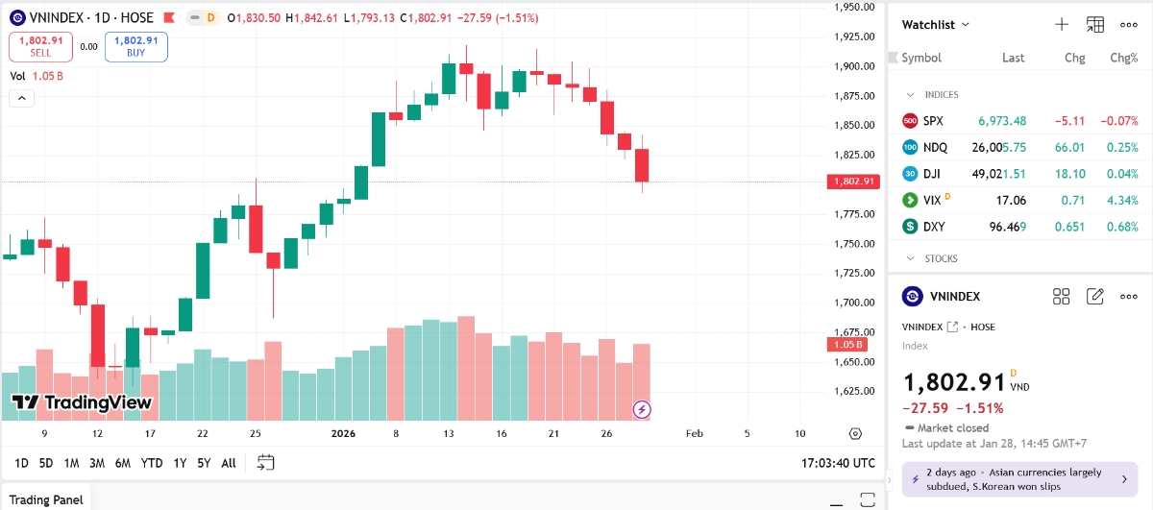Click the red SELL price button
coord(40,46)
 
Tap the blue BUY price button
coord(135,46)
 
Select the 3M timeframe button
coord(97,463)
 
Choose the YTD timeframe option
coord(152,463)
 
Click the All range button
coord(229,463)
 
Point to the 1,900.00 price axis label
coord(853,66)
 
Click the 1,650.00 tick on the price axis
coord(853,362)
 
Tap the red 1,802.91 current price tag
coord(853,182)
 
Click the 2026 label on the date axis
coord(343,434)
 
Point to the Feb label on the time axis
coord(695,434)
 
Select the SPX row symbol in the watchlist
coord(933,121)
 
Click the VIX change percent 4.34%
coord(1122,201)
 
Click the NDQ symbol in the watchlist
coord(935,148)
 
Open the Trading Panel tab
coord(48,499)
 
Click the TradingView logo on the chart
coord(82,402)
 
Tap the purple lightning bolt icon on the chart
coord(642,410)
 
